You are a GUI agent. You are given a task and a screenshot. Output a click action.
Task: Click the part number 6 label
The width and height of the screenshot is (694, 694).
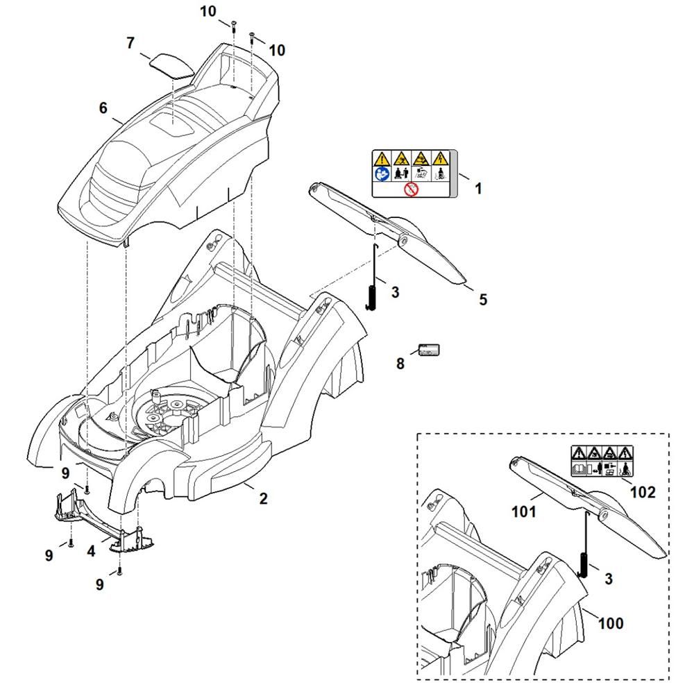pos(103,108)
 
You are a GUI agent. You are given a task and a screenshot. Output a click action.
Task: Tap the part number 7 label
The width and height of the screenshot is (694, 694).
pos(130,43)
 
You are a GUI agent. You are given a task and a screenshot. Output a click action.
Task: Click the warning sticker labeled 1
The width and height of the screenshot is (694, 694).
pos(411,173)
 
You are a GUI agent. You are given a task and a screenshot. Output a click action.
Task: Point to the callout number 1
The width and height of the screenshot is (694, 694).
pos(477,188)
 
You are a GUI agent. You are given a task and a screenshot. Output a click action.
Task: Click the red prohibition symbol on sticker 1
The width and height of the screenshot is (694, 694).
pos(411,188)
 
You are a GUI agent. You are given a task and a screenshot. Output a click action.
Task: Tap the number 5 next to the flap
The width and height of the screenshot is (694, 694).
pos(483,300)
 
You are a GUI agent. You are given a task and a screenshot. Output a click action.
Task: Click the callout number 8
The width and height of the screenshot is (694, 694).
pos(400,363)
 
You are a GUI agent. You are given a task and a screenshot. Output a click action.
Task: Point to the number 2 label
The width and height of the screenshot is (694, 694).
pos(263,498)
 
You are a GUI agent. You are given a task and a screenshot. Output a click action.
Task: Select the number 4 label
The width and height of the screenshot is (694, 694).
pos(91,552)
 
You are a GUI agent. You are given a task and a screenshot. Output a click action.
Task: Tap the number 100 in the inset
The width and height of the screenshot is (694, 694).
pos(610,623)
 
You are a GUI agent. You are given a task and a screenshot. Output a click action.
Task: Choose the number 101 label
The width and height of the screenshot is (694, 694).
pos(524,512)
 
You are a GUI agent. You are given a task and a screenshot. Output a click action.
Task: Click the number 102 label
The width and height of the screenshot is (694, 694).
pos(643,492)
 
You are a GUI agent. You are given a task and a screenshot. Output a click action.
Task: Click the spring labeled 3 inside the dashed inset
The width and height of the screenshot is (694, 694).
pos(584,561)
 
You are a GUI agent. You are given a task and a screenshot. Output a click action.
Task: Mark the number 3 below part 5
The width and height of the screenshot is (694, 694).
pos(395,292)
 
